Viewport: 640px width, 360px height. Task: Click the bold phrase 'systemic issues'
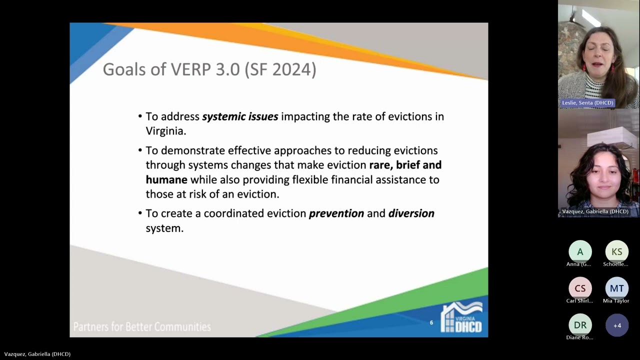coord(240,116)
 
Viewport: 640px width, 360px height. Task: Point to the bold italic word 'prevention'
coord(336,213)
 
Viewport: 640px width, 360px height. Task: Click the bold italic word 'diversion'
coord(411,213)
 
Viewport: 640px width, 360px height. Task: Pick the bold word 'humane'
coord(166,179)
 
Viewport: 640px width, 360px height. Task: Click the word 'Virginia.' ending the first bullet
coord(166,131)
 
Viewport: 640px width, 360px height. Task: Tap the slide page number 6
coord(431,322)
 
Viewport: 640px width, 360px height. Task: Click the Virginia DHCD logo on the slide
coord(461,317)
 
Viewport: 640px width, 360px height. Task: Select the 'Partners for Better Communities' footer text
coord(142,327)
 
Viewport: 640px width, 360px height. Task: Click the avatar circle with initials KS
coord(616,252)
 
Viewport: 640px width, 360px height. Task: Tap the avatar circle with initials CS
coord(580,288)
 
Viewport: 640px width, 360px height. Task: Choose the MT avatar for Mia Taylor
coord(616,288)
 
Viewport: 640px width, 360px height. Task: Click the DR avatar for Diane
coord(580,325)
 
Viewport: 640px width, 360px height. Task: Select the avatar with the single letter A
coord(580,252)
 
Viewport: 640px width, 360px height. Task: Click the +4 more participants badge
coord(617,325)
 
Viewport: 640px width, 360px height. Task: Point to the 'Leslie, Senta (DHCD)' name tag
coord(587,103)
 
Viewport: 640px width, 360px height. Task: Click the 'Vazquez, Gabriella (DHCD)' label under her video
coord(595,211)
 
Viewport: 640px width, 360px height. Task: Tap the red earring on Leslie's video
coord(583,67)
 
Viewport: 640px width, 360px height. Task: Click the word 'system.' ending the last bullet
coord(164,228)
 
